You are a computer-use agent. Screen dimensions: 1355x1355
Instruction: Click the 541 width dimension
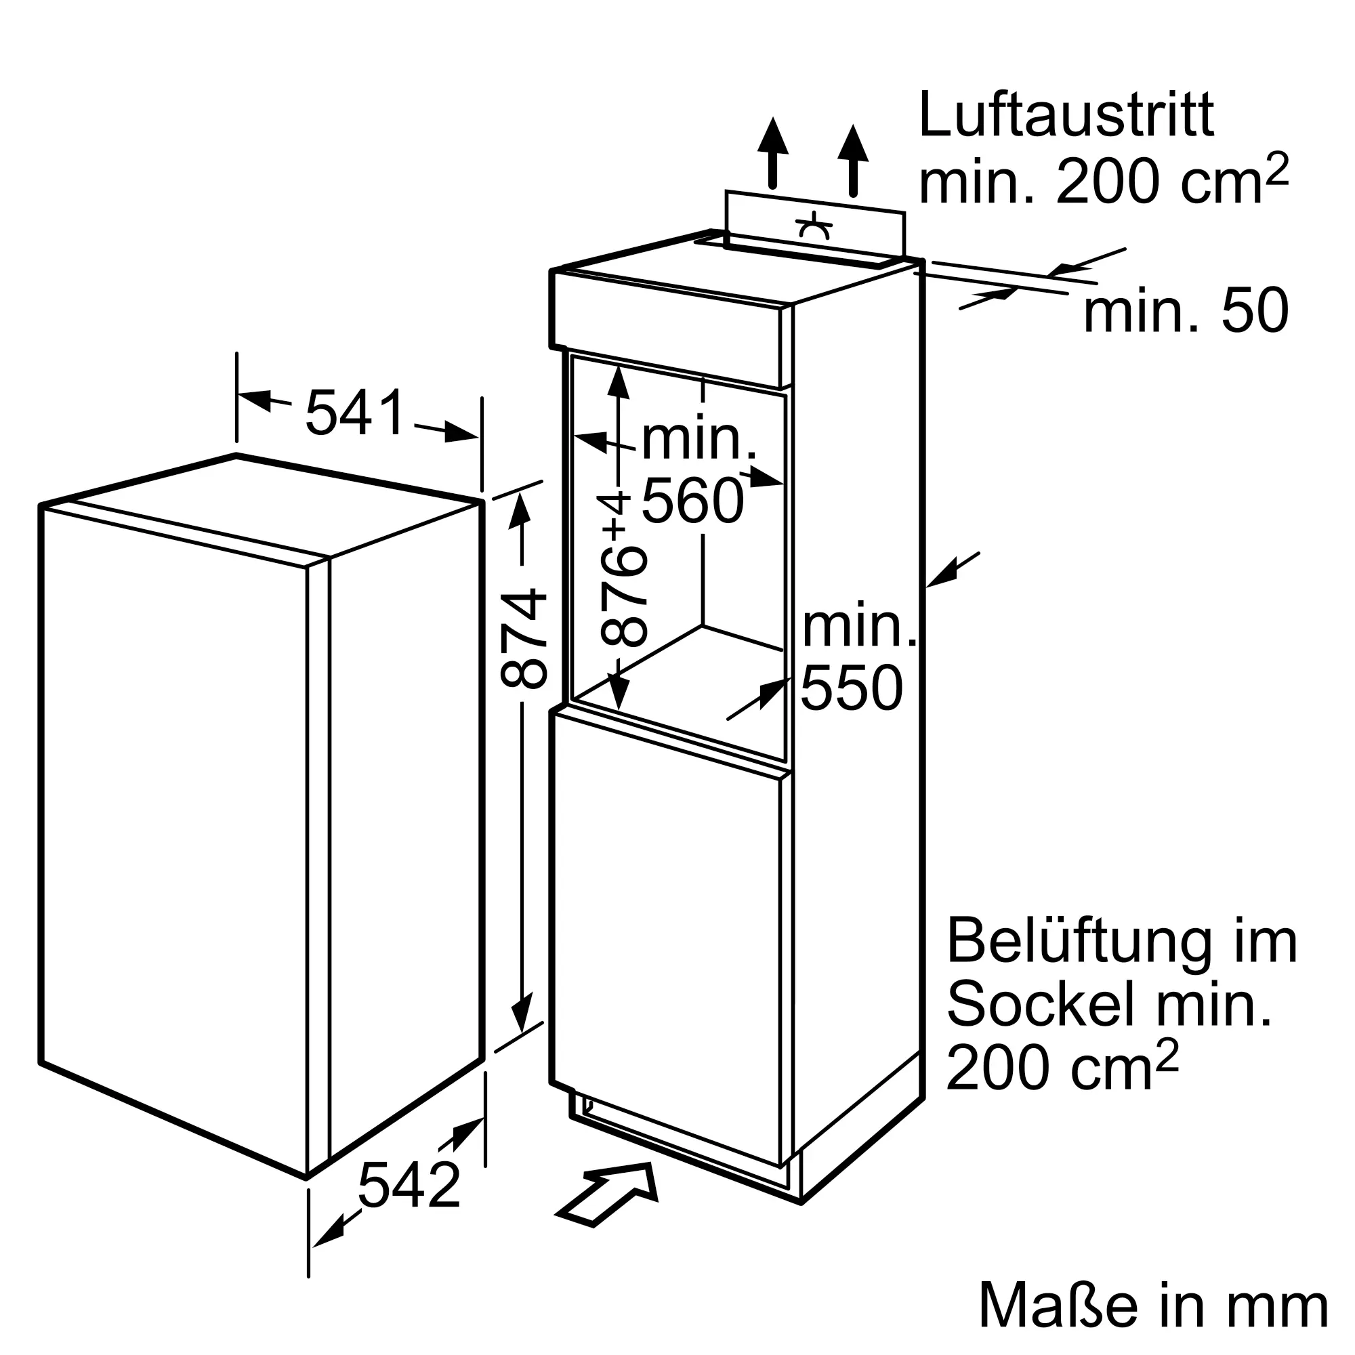356,413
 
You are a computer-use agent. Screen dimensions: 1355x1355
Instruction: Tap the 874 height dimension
522,638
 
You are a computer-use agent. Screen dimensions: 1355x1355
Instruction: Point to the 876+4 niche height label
622,570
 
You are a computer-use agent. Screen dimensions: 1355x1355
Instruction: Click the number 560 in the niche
693,501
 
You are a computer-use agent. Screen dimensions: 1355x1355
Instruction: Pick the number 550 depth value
852,689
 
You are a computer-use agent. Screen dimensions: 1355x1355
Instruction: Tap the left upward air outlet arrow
773,153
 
